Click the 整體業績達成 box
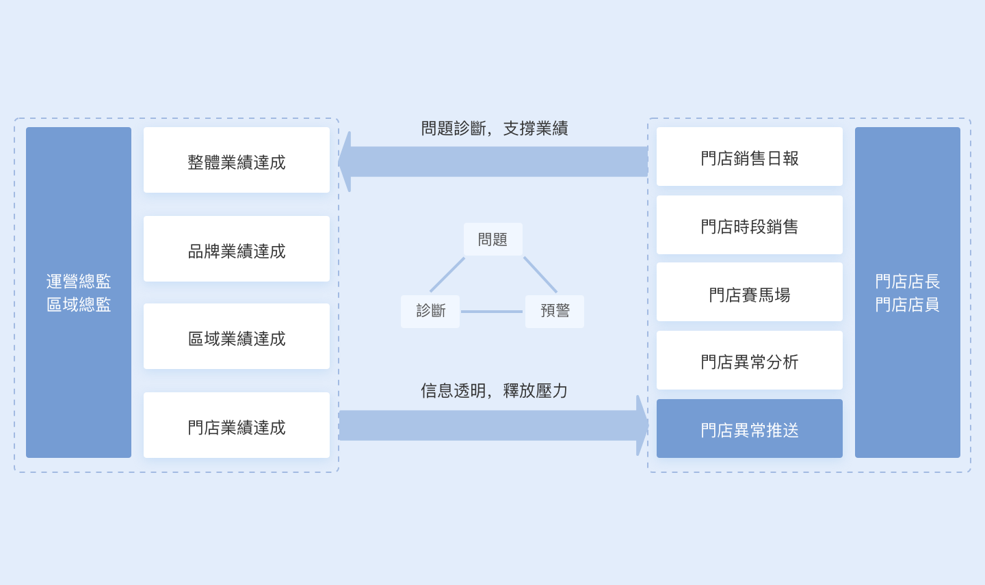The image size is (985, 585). coord(237,160)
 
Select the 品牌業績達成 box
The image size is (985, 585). coord(237,249)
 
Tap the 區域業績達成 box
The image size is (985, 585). coord(237,336)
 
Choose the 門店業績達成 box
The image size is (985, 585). coord(237,424)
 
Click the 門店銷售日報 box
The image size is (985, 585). coord(749,157)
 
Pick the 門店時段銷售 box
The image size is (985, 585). coord(749,225)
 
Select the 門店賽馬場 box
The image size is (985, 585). coord(749,292)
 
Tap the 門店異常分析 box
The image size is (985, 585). coord(749,360)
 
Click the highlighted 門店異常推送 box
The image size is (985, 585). coord(749,428)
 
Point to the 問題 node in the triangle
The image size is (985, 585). coord(493,239)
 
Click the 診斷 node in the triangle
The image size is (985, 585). coord(430,312)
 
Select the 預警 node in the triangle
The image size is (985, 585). coord(555,312)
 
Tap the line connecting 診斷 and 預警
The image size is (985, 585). coord(492,312)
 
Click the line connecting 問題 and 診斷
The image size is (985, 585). coord(447,275)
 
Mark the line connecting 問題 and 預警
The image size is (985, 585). coord(540,275)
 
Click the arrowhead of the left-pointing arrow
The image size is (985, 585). coord(345,161)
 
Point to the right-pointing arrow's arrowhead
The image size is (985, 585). coord(642,425)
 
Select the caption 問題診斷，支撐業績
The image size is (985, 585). coord(495,128)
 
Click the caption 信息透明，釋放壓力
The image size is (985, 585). coord(494,390)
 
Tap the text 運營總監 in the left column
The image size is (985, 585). coord(79,282)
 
